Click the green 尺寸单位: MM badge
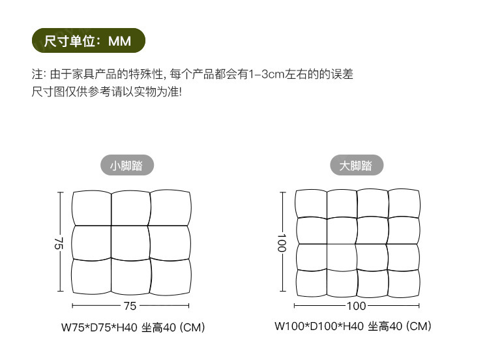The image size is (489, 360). pyautogui.click(x=88, y=42)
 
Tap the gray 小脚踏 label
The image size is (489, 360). pyautogui.click(x=127, y=166)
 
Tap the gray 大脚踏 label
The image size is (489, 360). pyautogui.click(x=356, y=166)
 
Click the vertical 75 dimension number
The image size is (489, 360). pyautogui.click(x=58, y=243)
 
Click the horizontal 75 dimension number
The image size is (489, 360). pyautogui.click(x=130, y=305)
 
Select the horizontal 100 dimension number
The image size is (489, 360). pyautogui.click(x=356, y=305)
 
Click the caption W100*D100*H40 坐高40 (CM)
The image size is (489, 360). pyautogui.click(x=353, y=326)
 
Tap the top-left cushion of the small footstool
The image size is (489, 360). pyautogui.click(x=91, y=208)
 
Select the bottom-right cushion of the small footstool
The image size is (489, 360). pyautogui.click(x=171, y=277)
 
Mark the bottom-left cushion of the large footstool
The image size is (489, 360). pyautogui.click(x=311, y=282)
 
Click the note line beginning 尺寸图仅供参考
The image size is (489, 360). pyautogui.click(x=107, y=91)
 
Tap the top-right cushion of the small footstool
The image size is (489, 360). pyautogui.click(x=171, y=208)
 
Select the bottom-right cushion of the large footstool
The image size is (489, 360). pyautogui.click(x=403, y=282)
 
